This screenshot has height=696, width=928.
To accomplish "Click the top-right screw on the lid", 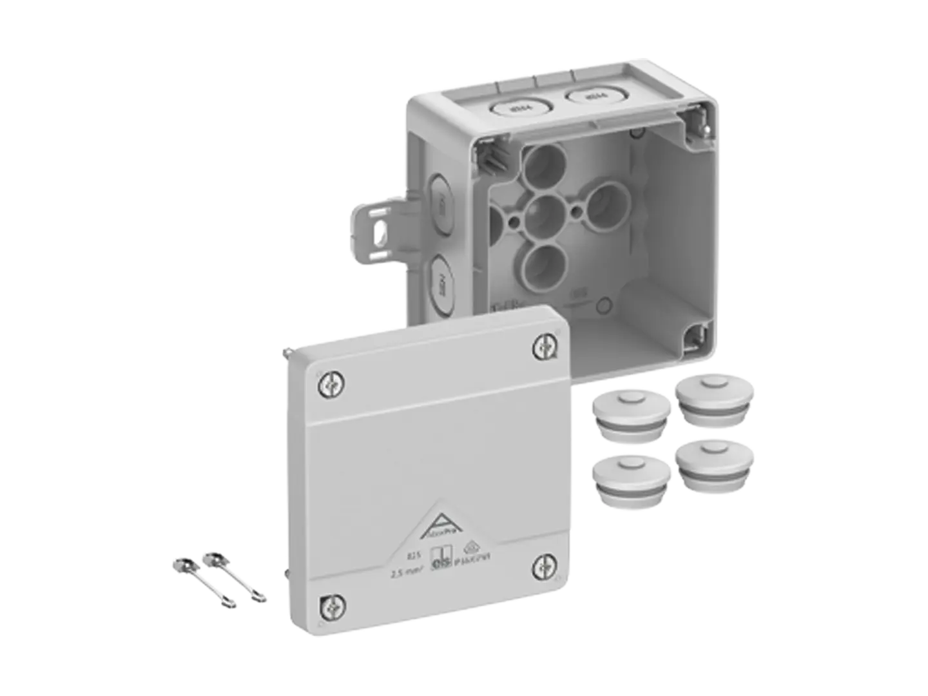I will pyautogui.click(x=543, y=347).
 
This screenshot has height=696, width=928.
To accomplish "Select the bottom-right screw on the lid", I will pyautogui.click(x=543, y=566).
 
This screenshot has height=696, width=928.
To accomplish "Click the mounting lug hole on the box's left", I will pyautogui.click(x=382, y=231).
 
